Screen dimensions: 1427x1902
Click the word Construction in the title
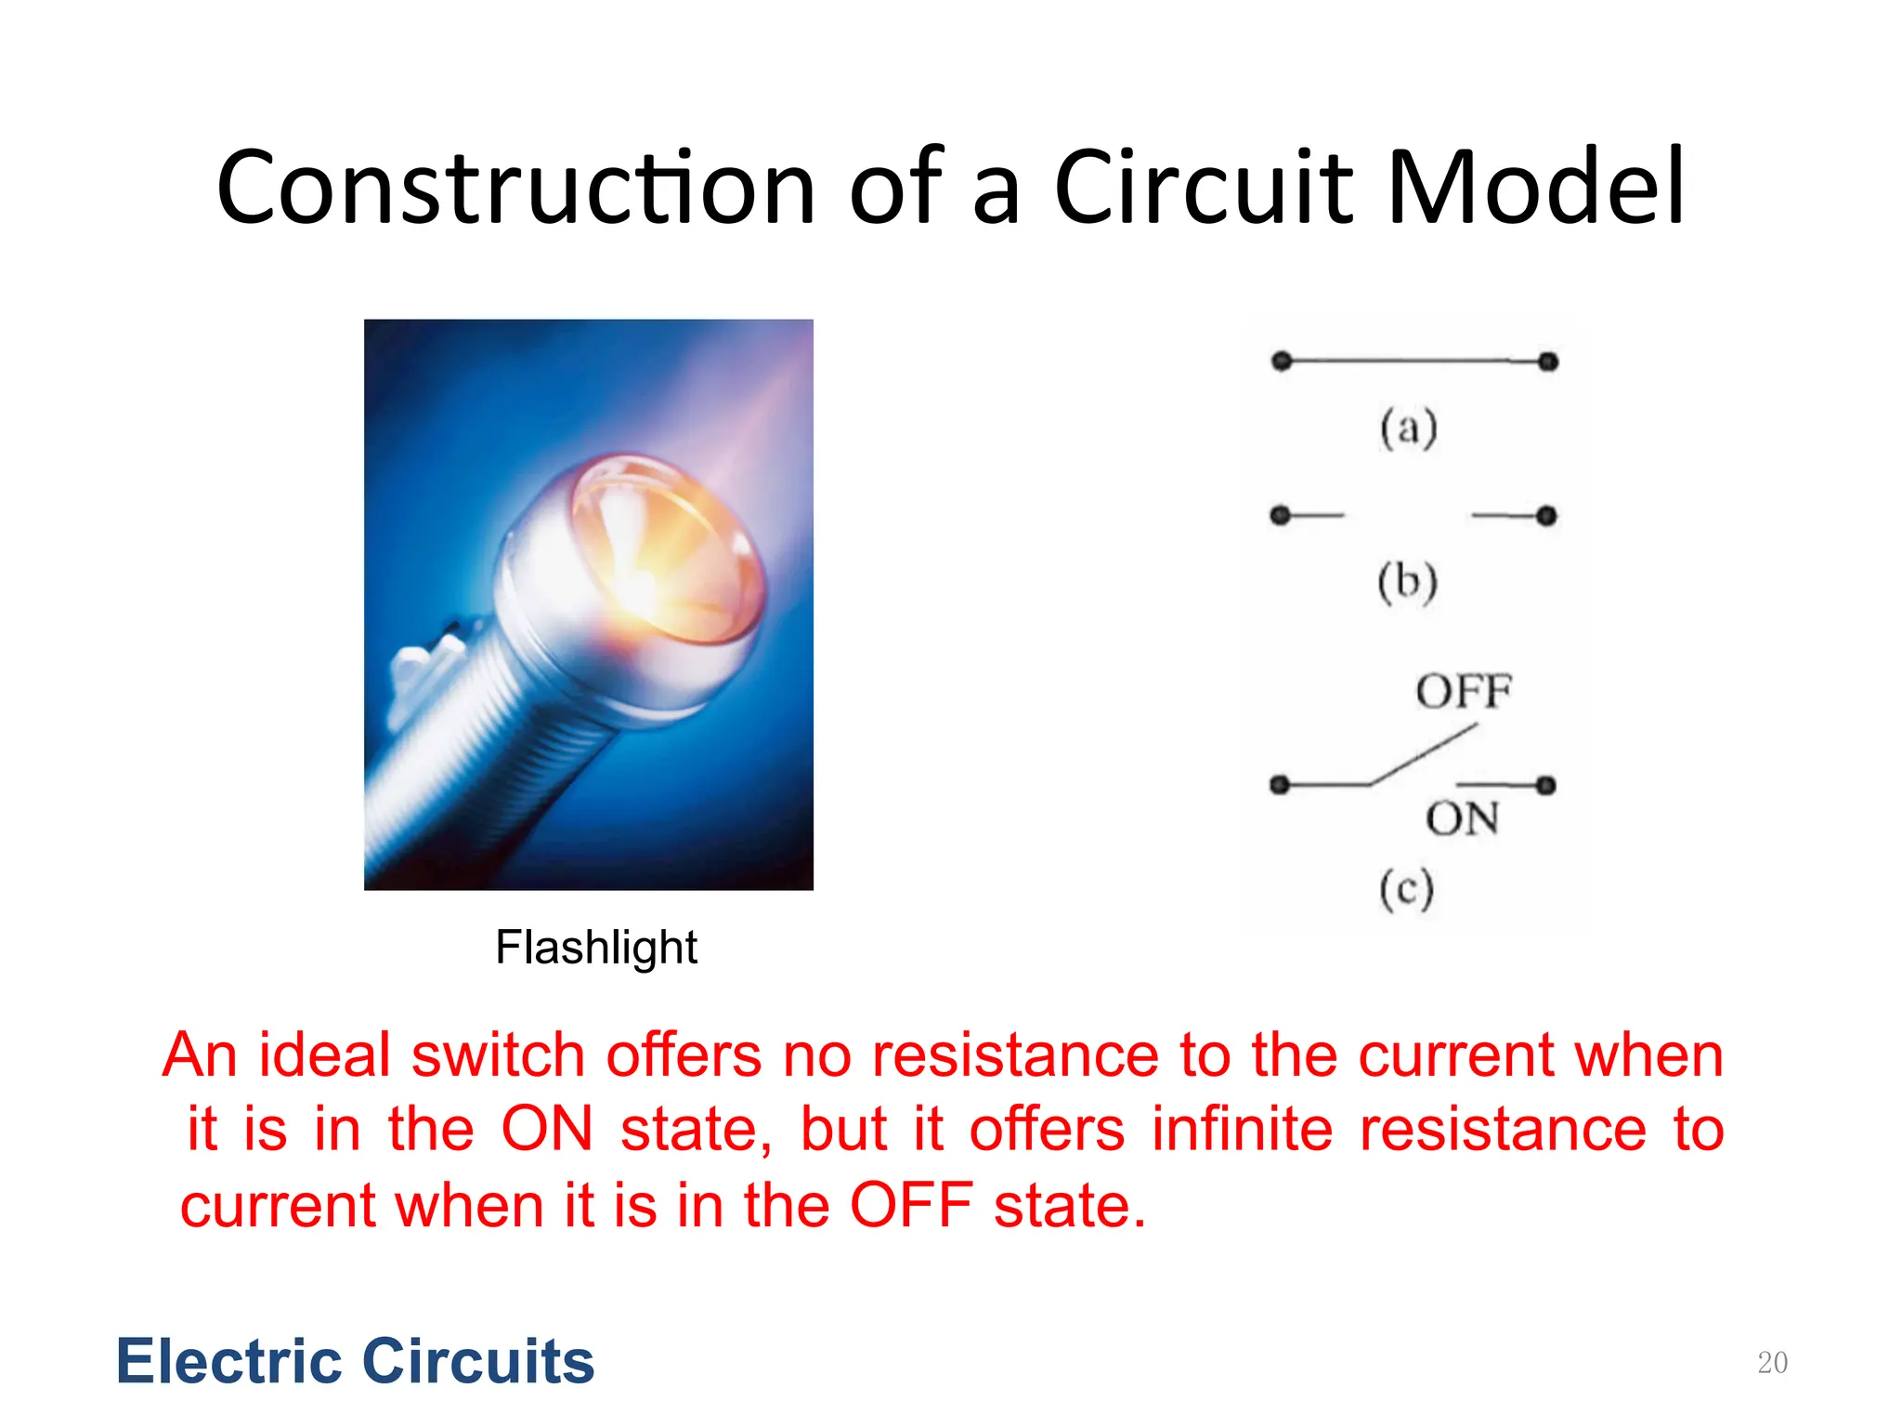[515, 189]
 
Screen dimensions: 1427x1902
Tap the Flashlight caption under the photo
[595, 949]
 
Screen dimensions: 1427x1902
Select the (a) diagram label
[1408, 428]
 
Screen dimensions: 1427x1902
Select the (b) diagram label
[1407, 583]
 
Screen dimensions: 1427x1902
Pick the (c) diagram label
[1406, 889]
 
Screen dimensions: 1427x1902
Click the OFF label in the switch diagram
[1464, 692]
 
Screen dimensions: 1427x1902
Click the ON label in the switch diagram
[1462, 819]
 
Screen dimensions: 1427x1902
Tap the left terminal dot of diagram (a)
[1282, 360]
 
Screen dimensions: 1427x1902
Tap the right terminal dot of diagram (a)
[1548, 361]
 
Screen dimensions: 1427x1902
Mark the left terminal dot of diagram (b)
[1280, 515]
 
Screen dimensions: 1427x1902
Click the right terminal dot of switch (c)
[1545, 786]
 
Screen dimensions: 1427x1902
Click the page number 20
[1772, 1363]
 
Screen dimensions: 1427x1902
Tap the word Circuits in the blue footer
[477, 1362]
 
